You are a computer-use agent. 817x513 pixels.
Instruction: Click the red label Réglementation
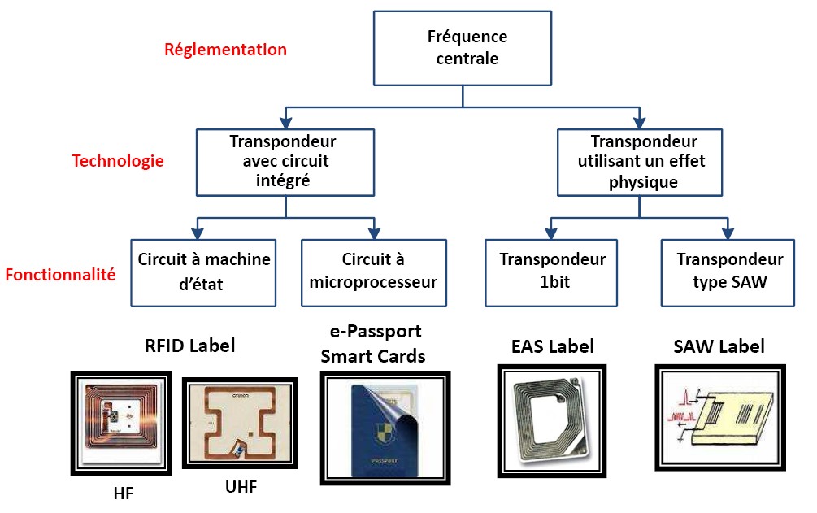(225, 50)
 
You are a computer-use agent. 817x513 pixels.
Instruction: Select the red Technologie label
(118, 160)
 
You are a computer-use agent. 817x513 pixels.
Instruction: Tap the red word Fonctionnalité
(60, 275)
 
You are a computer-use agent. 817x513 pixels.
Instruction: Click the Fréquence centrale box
(463, 47)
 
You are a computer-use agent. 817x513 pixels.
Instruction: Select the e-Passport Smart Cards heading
(373, 344)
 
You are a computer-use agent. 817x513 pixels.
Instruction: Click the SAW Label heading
(719, 346)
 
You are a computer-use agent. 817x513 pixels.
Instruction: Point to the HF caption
(124, 493)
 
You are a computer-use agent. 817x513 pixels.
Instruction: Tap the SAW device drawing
(718, 416)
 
